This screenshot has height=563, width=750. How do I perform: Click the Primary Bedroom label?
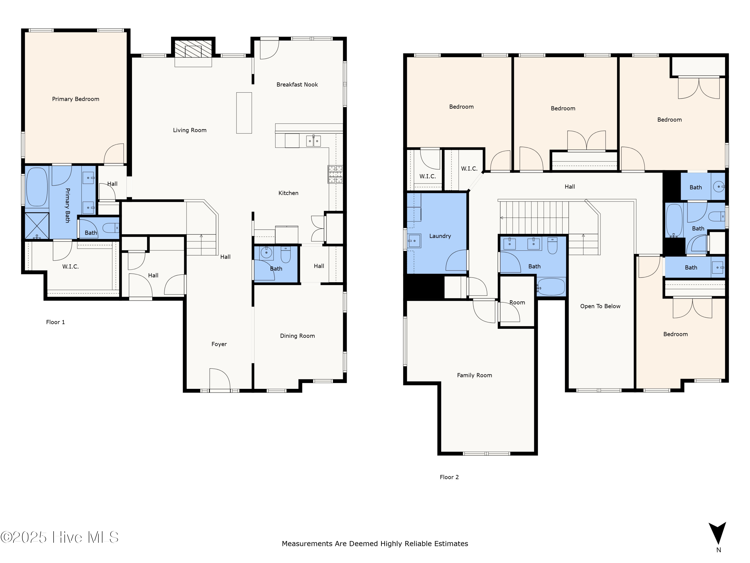pyautogui.click(x=75, y=99)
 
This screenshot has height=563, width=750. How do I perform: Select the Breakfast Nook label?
pyautogui.click(x=297, y=85)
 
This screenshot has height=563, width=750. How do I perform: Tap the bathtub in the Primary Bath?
pyautogui.click(x=37, y=187)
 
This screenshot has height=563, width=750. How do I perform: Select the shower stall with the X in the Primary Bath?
pyautogui.click(x=37, y=225)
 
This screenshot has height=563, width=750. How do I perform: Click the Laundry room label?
pyautogui.click(x=440, y=236)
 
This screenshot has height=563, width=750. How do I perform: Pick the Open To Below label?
pyautogui.click(x=600, y=306)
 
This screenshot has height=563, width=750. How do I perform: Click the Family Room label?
pyautogui.click(x=474, y=375)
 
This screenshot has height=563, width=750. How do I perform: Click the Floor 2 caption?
pyautogui.click(x=449, y=477)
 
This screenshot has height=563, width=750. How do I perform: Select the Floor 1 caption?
pyautogui.click(x=55, y=322)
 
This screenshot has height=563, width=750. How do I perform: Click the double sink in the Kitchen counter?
pyautogui.click(x=313, y=140)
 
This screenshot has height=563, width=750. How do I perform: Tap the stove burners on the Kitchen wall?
pyautogui.click(x=335, y=174)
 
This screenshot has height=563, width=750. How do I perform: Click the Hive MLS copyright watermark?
pyautogui.click(x=60, y=537)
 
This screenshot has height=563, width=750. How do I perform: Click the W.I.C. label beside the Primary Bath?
pyautogui.click(x=70, y=267)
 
